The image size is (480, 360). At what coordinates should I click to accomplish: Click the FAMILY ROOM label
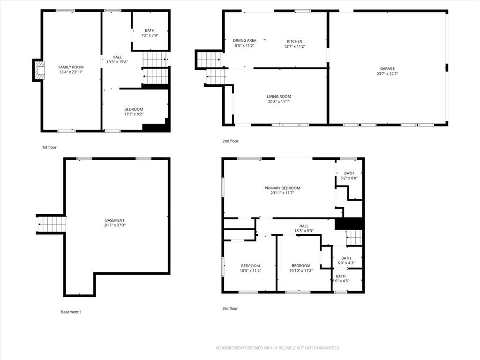(71, 67)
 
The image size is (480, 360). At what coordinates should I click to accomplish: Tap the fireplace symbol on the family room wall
(39, 70)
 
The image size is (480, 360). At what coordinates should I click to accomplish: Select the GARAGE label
(387, 68)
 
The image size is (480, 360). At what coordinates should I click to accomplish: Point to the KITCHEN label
(294, 41)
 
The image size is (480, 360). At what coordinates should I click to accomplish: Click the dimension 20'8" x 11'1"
(278, 102)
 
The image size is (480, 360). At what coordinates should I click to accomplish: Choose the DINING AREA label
(245, 40)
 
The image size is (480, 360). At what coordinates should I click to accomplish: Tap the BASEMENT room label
(115, 220)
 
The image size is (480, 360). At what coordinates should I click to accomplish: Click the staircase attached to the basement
(52, 224)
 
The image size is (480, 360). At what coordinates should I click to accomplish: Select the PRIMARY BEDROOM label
(282, 188)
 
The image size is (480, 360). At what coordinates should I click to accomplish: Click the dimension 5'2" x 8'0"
(349, 178)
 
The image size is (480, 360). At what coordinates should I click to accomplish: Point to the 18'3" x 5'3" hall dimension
(304, 231)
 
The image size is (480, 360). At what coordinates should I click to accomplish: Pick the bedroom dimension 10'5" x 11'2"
(250, 270)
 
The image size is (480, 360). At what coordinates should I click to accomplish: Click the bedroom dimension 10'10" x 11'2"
(301, 270)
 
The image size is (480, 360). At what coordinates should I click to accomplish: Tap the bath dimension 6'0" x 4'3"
(346, 263)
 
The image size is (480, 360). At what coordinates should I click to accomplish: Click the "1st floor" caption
(49, 147)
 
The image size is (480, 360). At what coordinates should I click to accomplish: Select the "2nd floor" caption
(230, 141)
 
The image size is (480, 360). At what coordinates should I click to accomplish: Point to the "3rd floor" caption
(230, 308)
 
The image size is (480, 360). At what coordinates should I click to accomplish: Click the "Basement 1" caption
(71, 312)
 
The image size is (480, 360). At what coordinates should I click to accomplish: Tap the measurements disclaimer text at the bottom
(278, 348)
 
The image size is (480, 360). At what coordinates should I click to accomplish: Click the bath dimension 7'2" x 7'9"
(150, 35)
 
